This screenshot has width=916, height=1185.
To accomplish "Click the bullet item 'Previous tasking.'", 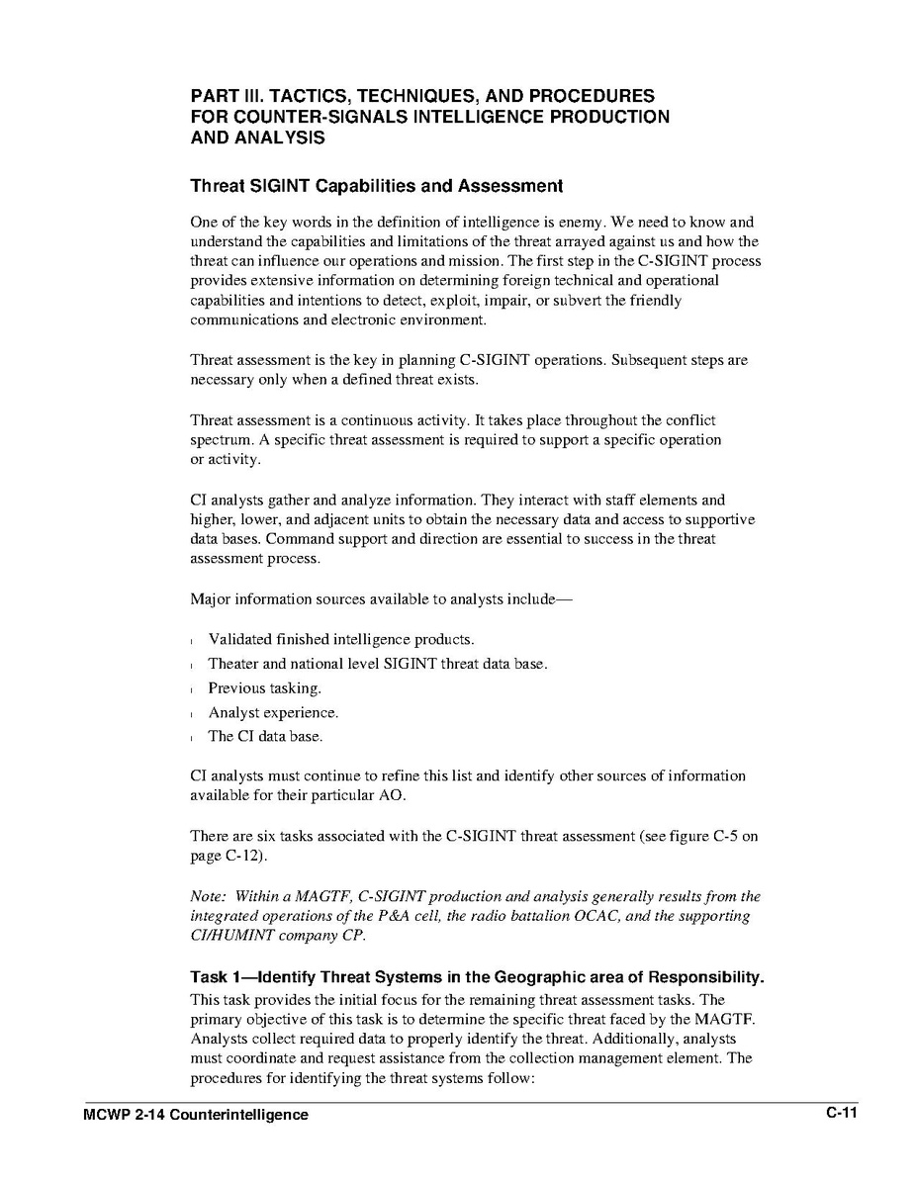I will tap(264, 688).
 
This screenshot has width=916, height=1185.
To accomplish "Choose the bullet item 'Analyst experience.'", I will tap(273, 712).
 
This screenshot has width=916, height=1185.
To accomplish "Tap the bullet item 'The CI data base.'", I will tap(265, 736).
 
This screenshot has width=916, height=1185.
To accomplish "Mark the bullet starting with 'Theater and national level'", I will tap(377, 664).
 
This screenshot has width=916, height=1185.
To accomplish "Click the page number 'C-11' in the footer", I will tap(841, 1114).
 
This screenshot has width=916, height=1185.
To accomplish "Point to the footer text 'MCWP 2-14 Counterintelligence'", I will tap(196, 1115).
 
